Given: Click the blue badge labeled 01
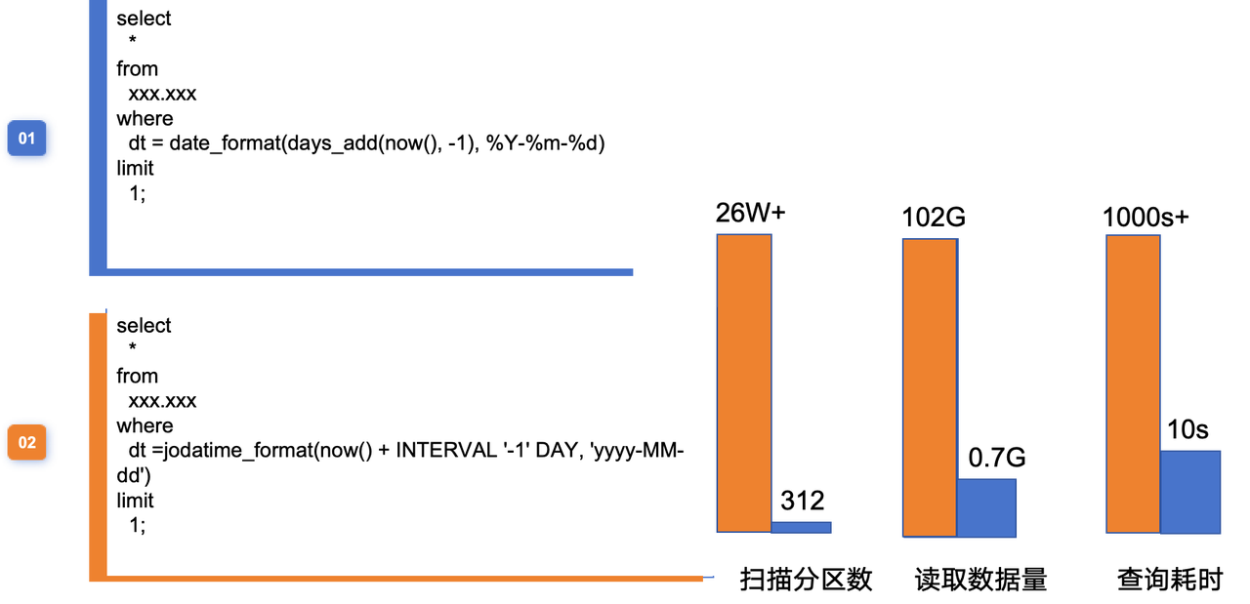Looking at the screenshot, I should (27, 140).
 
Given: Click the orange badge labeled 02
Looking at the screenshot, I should (27, 443).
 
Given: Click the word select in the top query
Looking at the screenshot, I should (144, 19).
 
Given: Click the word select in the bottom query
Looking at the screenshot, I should (144, 326).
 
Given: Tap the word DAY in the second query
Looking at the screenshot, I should (557, 451).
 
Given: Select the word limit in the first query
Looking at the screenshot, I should (135, 168).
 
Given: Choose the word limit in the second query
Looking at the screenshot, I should (135, 501).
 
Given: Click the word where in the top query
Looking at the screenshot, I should (145, 118).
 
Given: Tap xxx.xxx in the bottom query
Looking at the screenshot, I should (162, 401).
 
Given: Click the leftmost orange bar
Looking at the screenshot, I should (744, 383).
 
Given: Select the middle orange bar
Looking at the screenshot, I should (929, 387).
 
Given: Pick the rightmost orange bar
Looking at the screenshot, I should (1133, 383).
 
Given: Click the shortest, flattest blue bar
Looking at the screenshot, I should (801, 527).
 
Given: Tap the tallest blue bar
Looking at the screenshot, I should (1190, 492).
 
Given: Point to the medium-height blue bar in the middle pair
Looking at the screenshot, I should (986, 507).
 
